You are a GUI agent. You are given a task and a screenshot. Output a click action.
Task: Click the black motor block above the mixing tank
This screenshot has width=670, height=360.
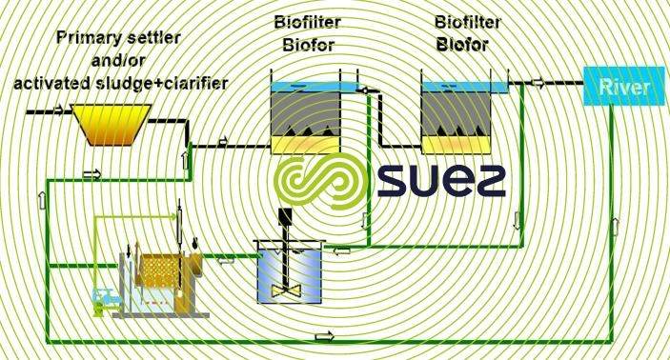point(284,215)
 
